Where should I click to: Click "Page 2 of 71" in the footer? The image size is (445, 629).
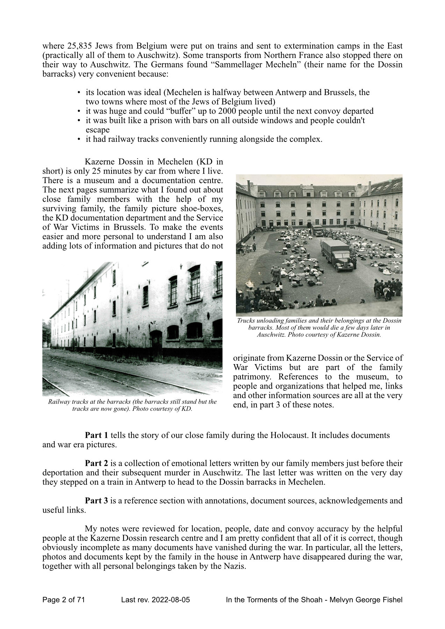64,600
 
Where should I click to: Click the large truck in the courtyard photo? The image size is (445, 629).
335,254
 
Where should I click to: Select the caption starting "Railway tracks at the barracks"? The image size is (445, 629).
132,405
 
